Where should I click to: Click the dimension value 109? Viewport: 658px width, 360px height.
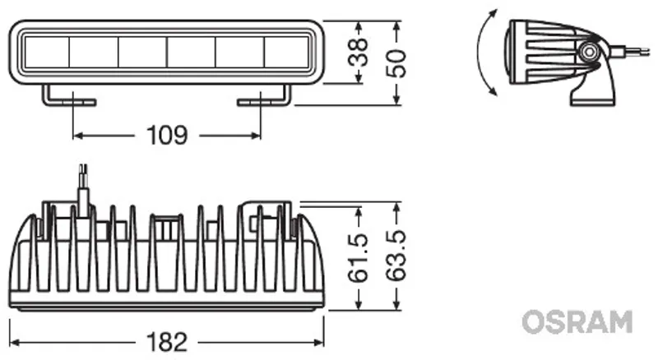click(x=167, y=135)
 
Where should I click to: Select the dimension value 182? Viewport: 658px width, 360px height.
click(x=167, y=342)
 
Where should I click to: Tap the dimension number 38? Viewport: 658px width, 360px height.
click(x=358, y=52)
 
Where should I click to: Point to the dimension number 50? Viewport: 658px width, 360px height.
click(x=396, y=63)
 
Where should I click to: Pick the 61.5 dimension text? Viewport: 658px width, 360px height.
click(x=358, y=258)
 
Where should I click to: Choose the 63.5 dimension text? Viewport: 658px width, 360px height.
click(x=396, y=256)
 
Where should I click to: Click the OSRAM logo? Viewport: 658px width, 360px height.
click(x=577, y=322)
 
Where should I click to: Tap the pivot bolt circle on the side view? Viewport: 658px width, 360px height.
click(x=589, y=52)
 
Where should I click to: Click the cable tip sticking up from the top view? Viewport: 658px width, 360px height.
click(x=84, y=169)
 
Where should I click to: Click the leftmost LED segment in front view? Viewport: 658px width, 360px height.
click(x=47, y=52)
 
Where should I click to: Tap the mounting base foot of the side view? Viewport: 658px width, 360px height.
click(x=592, y=101)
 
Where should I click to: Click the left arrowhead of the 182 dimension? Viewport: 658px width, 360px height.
click(x=15, y=343)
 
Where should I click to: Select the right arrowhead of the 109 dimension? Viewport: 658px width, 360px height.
click(x=255, y=136)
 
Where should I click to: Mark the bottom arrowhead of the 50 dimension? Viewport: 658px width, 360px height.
click(x=396, y=99)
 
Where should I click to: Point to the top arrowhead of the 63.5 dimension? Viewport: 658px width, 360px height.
click(x=396, y=207)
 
